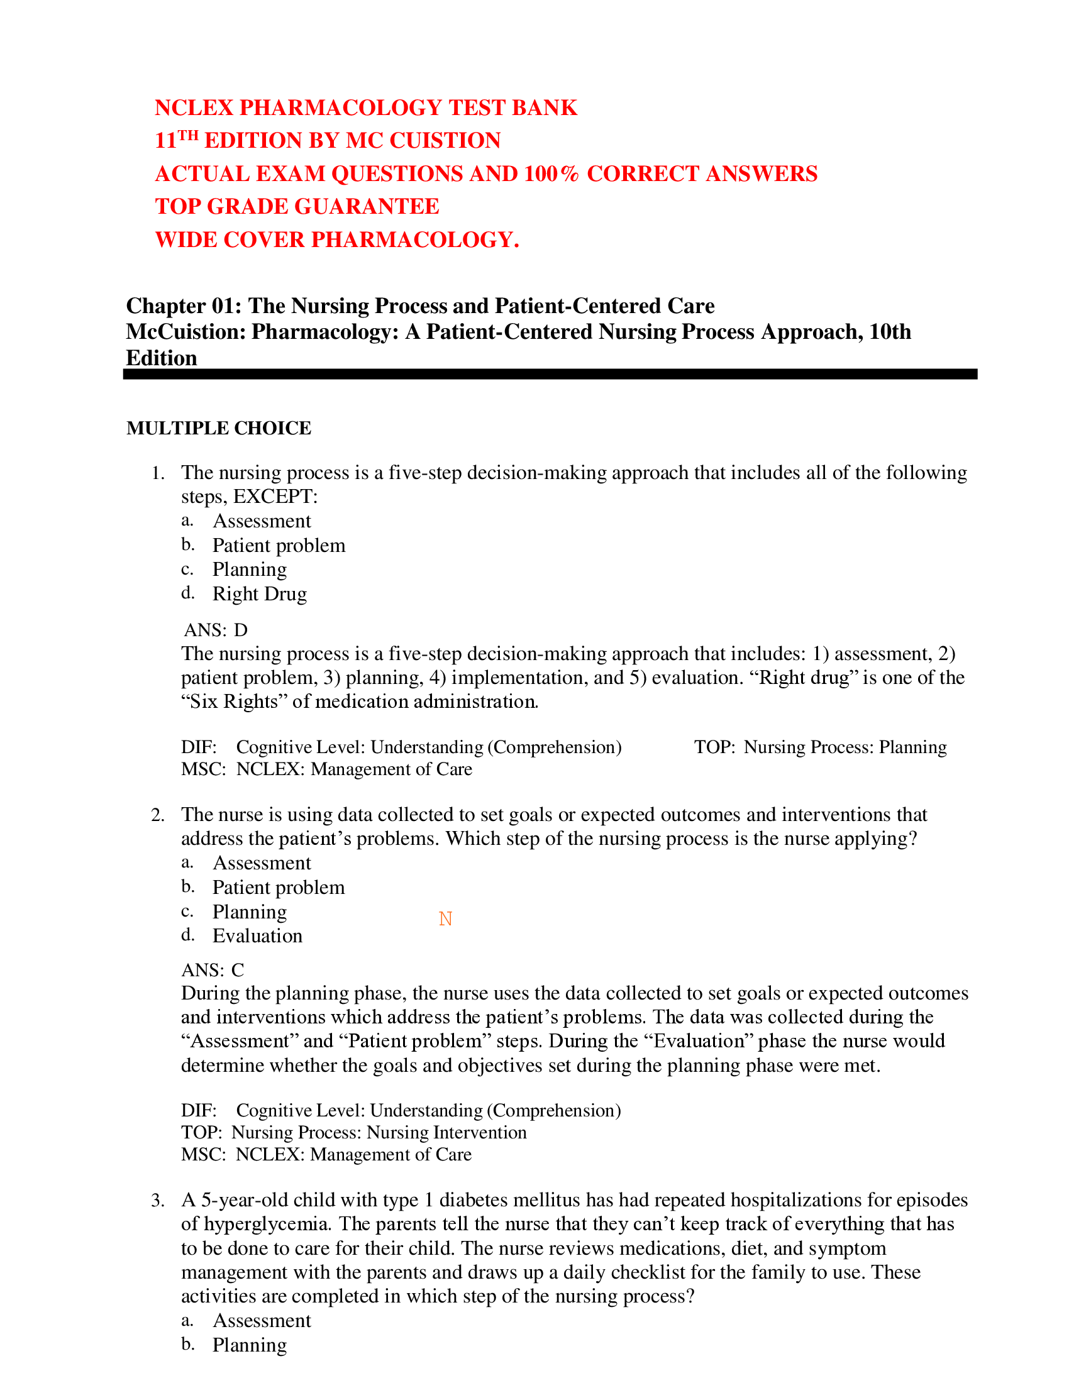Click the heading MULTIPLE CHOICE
point(218,428)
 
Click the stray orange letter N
point(445,918)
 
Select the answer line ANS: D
point(215,630)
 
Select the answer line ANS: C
point(212,969)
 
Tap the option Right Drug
point(260,594)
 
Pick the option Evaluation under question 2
point(257,936)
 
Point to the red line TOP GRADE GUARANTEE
point(297,206)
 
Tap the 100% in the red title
point(550,174)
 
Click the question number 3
point(158,1200)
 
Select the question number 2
point(158,814)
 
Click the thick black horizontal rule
point(550,374)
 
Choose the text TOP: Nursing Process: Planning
point(820,747)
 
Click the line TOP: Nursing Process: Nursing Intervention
point(353,1132)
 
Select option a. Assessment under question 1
point(262,521)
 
